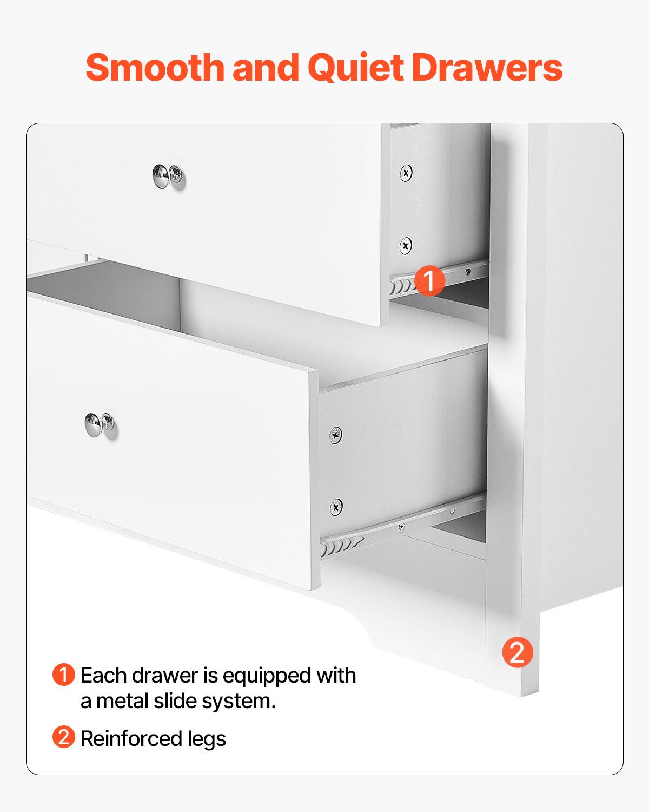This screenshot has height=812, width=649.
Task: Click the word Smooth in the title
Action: tap(155, 68)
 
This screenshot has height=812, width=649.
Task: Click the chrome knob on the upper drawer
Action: tap(168, 176)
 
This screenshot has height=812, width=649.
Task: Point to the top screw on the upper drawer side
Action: tap(406, 173)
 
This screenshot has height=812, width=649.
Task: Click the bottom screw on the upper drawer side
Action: tap(406, 246)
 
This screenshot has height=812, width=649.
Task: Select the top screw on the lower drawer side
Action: tap(336, 434)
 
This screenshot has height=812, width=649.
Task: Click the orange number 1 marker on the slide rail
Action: tap(429, 280)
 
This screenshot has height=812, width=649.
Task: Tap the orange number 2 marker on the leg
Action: tap(518, 652)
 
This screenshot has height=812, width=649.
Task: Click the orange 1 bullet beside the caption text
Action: tap(63, 675)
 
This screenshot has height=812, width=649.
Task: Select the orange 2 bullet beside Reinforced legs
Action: tap(63, 737)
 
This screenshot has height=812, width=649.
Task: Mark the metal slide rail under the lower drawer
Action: tap(400, 525)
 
